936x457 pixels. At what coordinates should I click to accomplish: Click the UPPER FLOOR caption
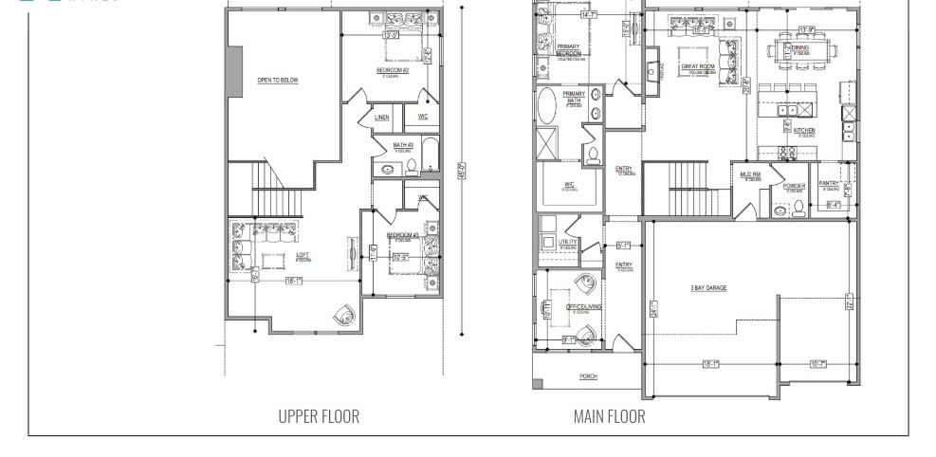[319, 416]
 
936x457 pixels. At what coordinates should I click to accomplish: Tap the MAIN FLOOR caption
[609, 416]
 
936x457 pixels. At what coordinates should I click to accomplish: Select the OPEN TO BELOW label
[277, 81]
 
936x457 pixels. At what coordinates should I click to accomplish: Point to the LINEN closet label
[381, 118]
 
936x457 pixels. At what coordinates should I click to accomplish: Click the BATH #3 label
[403, 145]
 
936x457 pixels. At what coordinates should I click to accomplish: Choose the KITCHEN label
[804, 131]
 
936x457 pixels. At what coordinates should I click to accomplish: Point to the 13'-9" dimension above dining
[807, 28]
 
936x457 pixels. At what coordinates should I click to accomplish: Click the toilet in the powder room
[798, 208]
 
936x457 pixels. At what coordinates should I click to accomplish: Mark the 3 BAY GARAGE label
[708, 287]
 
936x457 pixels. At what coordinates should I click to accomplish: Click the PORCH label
[588, 376]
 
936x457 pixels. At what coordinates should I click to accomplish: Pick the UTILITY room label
[567, 242]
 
